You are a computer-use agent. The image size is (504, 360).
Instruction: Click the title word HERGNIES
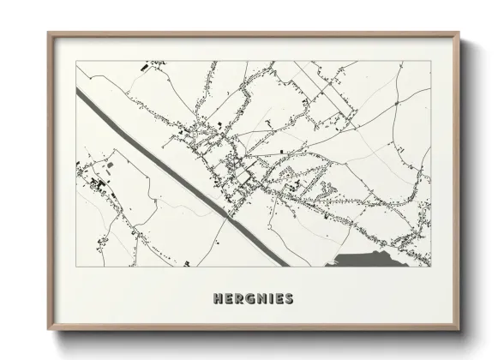pos(251,299)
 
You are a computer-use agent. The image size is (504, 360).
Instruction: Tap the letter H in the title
pos(216,299)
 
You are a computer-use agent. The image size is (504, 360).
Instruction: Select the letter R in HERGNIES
pos(238,299)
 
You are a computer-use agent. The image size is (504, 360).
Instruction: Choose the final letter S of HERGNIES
pos(288,299)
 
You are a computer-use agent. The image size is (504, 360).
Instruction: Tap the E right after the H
pos(227,299)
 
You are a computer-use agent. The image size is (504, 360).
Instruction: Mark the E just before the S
pos(278,299)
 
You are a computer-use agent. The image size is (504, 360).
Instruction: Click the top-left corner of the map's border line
pos(76,61)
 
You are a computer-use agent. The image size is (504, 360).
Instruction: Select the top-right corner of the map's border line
pos(431,61)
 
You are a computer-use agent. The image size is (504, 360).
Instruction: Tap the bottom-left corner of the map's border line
pos(76,267)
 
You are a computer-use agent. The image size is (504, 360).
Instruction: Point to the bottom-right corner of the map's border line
pos(431,267)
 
